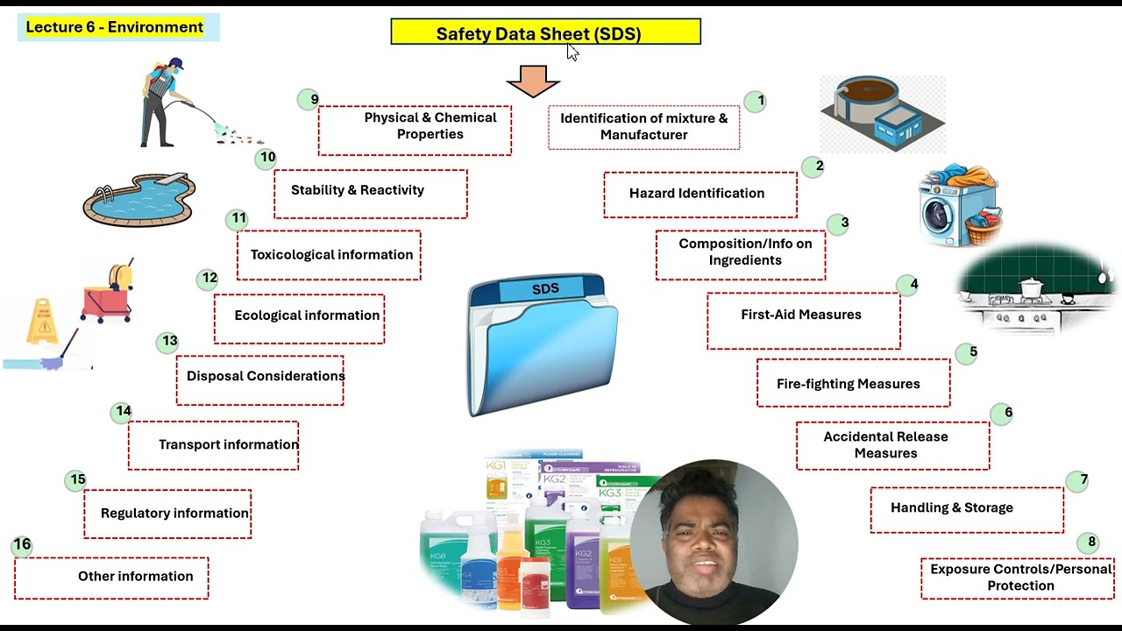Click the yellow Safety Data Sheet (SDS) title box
(545, 32)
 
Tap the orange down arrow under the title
(533, 80)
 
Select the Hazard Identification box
(699, 194)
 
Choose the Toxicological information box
(329, 255)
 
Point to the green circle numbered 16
(22, 545)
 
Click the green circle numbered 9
(313, 99)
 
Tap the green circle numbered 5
(972, 352)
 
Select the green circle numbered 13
(169, 341)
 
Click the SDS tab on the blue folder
(545, 289)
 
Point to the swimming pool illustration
(138, 199)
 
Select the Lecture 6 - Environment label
(115, 27)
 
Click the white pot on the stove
(1032, 288)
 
